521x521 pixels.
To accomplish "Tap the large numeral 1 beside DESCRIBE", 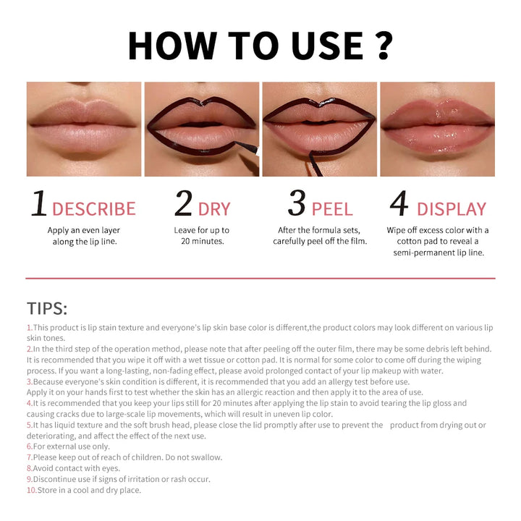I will click(38, 205).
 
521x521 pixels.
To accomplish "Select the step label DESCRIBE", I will click(94, 210).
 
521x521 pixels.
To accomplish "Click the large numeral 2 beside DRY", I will click(184, 205).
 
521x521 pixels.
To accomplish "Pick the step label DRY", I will click(214, 210).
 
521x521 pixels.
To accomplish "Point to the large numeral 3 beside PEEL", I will click(297, 205).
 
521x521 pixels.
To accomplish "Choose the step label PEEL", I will click(332, 210).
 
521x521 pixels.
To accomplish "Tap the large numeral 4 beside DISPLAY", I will click(399, 205).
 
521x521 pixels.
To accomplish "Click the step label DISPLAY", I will click(452, 210).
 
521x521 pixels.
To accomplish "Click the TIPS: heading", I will click(47, 308).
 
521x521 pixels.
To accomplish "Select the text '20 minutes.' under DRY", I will click(203, 242).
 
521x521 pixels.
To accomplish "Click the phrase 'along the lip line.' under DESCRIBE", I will click(85, 242).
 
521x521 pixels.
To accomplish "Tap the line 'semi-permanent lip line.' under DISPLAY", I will click(439, 253).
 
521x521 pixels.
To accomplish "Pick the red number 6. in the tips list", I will click(30, 446).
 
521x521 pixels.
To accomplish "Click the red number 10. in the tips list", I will click(32, 490).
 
